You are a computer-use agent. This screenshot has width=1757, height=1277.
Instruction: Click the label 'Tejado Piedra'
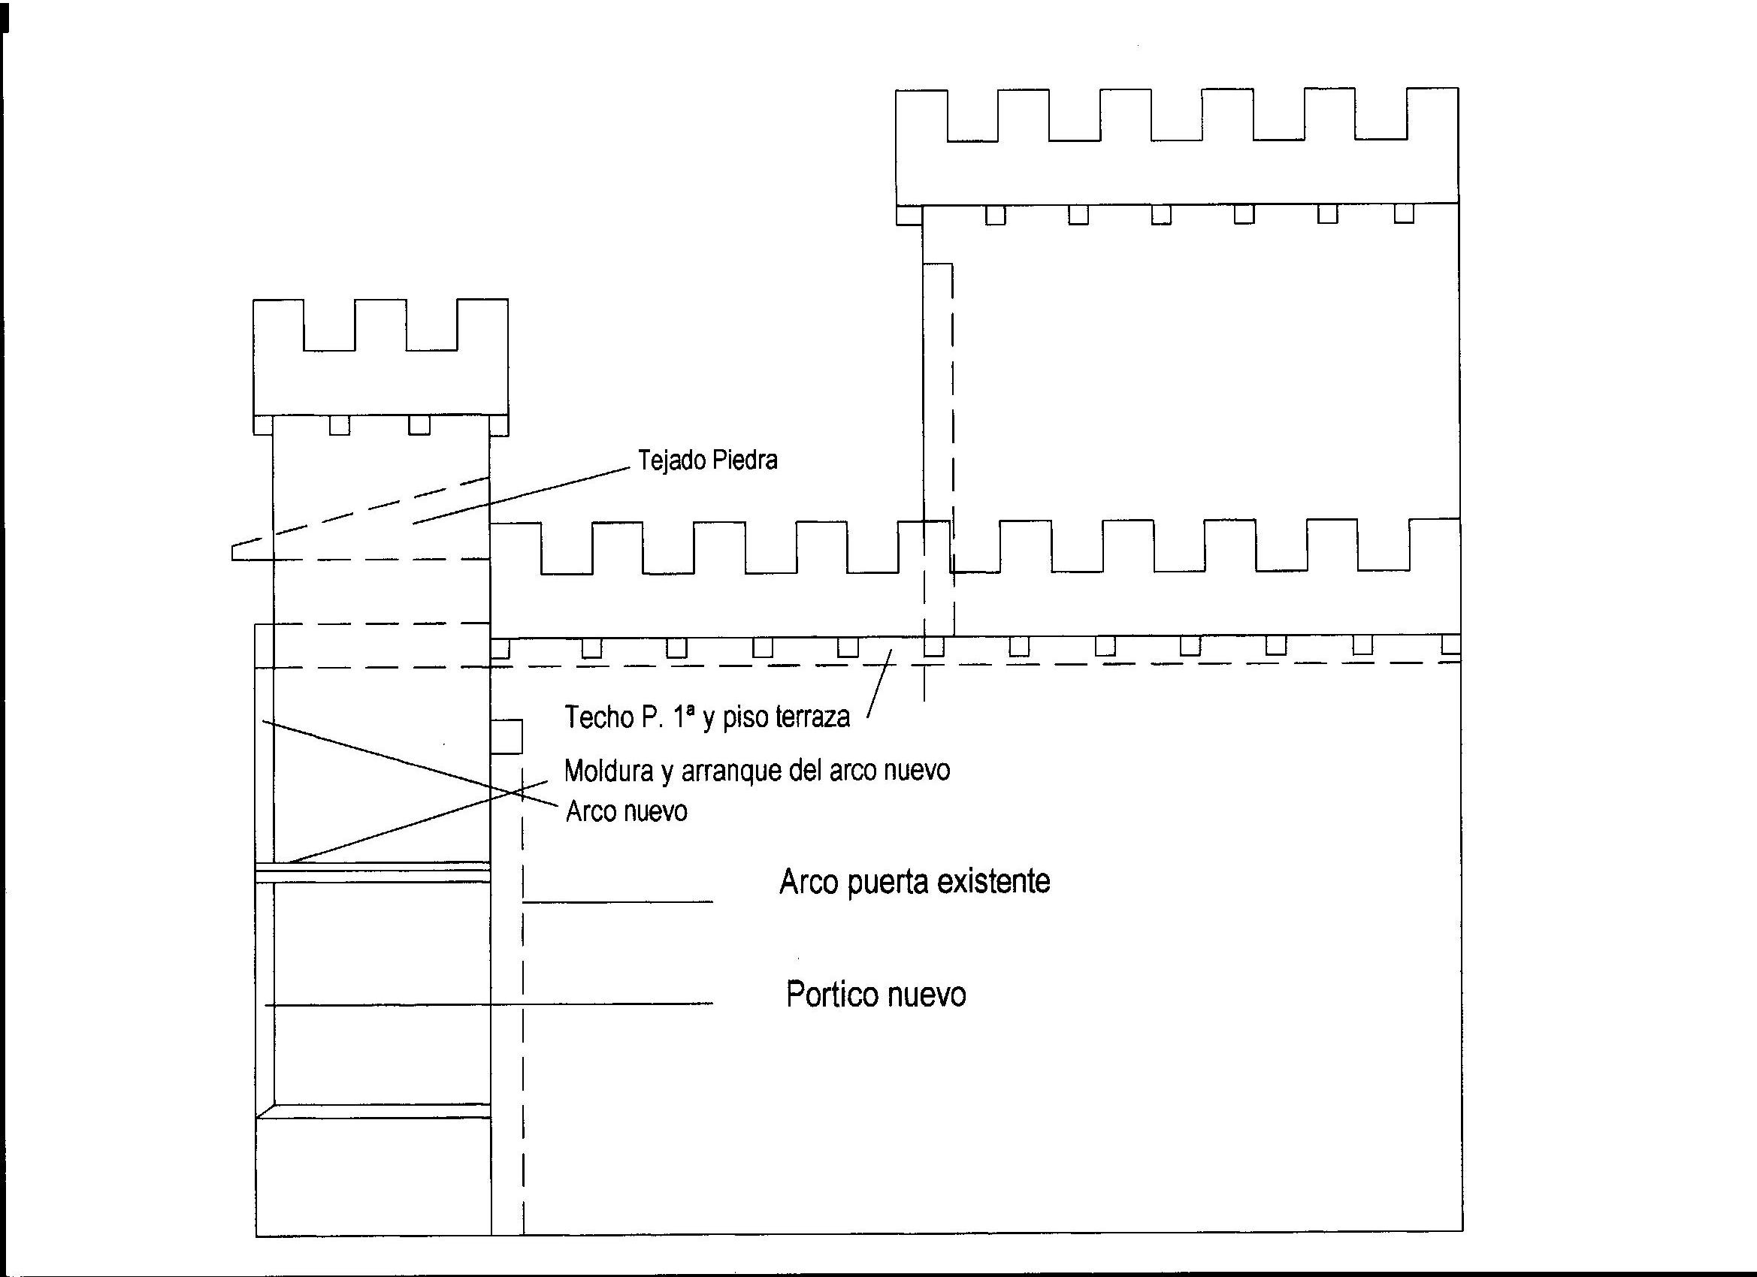tap(707, 460)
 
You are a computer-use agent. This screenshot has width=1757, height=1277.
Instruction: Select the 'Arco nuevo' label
tap(627, 811)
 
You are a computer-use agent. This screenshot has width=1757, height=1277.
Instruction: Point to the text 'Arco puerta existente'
tap(914, 882)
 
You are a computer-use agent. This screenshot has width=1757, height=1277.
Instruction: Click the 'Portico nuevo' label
tap(876, 995)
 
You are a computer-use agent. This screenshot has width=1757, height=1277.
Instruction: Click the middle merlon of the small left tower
tap(380, 324)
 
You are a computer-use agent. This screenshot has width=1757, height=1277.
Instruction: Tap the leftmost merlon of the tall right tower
tap(921, 115)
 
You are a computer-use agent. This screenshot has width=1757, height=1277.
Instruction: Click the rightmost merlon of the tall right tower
tap(1432, 113)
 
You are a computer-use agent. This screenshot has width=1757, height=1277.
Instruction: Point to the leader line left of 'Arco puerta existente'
tap(618, 901)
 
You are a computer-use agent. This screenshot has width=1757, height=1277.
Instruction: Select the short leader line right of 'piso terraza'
tap(879, 684)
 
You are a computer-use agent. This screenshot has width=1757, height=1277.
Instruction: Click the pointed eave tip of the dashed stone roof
tap(234, 552)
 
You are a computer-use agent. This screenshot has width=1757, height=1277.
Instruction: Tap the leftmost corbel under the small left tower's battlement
tap(263, 425)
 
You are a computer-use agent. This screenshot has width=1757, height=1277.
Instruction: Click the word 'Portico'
tap(833, 995)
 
